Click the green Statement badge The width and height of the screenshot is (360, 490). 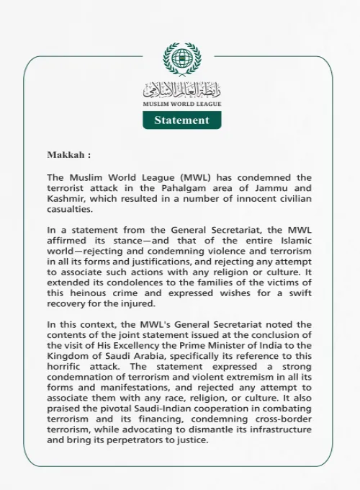[x=181, y=120]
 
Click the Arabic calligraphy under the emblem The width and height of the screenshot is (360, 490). [x=181, y=90]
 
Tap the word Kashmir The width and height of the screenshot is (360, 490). [x=66, y=199]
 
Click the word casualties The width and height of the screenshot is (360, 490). [x=70, y=210]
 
